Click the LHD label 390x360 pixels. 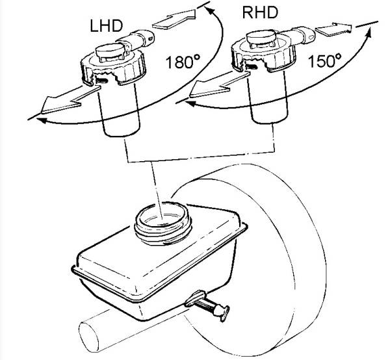pos(107,25)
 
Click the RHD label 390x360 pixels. pos(260,12)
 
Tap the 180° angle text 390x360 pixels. pos(183,62)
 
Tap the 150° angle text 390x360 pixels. pos(324,60)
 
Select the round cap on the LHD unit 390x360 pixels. pos(110,51)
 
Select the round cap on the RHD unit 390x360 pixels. pos(261,38)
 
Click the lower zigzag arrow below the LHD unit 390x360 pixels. pos(71,99)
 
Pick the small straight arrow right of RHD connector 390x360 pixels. pos(334,29)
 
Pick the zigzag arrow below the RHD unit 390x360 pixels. pos(220,84)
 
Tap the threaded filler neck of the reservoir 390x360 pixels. pos(163,224)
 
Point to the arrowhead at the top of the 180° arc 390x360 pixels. pos(210,12)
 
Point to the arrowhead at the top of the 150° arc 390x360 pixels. pos(369,33)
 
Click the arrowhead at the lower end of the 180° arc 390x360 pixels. pos(42,121)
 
